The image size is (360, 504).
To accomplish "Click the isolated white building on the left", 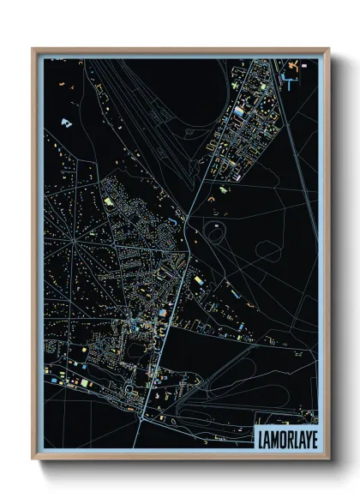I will (65, 123).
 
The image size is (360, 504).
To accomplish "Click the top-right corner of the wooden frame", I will (327, 50).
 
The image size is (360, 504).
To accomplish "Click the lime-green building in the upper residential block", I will (109, 201).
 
